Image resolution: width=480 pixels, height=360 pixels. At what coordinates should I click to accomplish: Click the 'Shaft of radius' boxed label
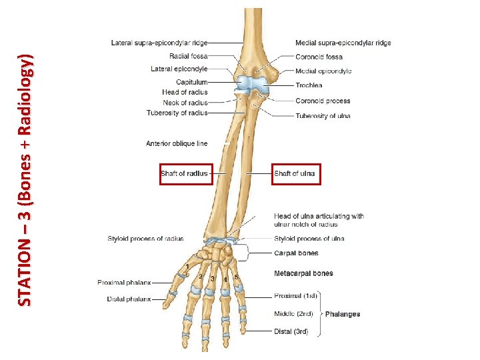[x=185, y=174]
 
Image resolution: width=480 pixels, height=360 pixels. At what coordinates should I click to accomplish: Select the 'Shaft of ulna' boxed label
[x=294, y=174]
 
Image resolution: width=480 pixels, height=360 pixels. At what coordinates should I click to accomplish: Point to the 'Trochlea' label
[x=309, y=85]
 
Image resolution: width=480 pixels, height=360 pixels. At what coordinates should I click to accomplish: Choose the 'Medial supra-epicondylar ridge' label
[x=343, y=43]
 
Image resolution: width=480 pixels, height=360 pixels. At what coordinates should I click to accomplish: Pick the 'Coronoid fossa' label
[x=319, y=57]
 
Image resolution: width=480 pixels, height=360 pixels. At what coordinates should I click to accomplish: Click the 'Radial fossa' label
[x=188, y=57]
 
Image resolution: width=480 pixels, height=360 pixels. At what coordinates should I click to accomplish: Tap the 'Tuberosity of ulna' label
[x=323, y=116]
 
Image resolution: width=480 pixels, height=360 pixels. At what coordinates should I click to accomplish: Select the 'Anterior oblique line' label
[x=177, y=143]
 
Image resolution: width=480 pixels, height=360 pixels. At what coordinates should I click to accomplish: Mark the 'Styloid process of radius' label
[x=145, y=239]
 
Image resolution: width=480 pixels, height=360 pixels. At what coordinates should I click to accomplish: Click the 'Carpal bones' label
[x=296, y=253]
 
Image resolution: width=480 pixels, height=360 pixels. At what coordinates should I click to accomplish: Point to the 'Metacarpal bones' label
[x=303, y=273]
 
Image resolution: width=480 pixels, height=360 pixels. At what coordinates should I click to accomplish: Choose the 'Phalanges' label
[x=342, y=314]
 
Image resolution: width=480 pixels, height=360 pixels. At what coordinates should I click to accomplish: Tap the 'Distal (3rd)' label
[x=291, y=331]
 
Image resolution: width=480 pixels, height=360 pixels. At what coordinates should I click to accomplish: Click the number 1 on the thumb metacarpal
[x=188, y=267]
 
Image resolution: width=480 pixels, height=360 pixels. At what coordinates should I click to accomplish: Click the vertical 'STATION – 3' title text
[x=25, y=180]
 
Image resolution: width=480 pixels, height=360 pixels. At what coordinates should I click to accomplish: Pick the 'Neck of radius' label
[x=185, y=103]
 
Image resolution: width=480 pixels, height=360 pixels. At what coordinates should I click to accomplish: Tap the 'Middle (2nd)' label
[x=293, y=313]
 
